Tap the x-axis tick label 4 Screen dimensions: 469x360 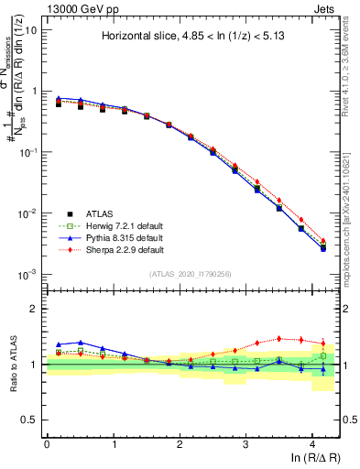(312, 443)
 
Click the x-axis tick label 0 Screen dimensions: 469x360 (47, 443)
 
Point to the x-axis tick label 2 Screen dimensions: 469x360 (180, 443)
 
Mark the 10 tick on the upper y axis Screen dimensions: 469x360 (30, 30)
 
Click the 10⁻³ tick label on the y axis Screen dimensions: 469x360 (26, 274)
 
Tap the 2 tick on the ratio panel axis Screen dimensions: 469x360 (34, 309)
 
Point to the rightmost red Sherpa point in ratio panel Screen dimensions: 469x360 (322, 344)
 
